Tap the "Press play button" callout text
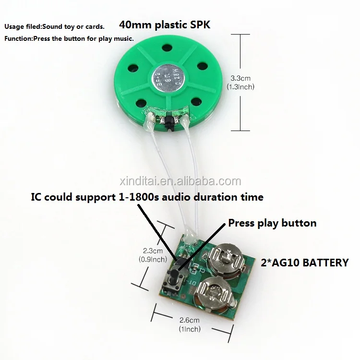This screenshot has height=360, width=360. [272, 223]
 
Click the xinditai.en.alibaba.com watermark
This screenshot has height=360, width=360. [180, 181]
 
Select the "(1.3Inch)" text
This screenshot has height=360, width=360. [240, 87]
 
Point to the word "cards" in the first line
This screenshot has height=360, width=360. [95, 26]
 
